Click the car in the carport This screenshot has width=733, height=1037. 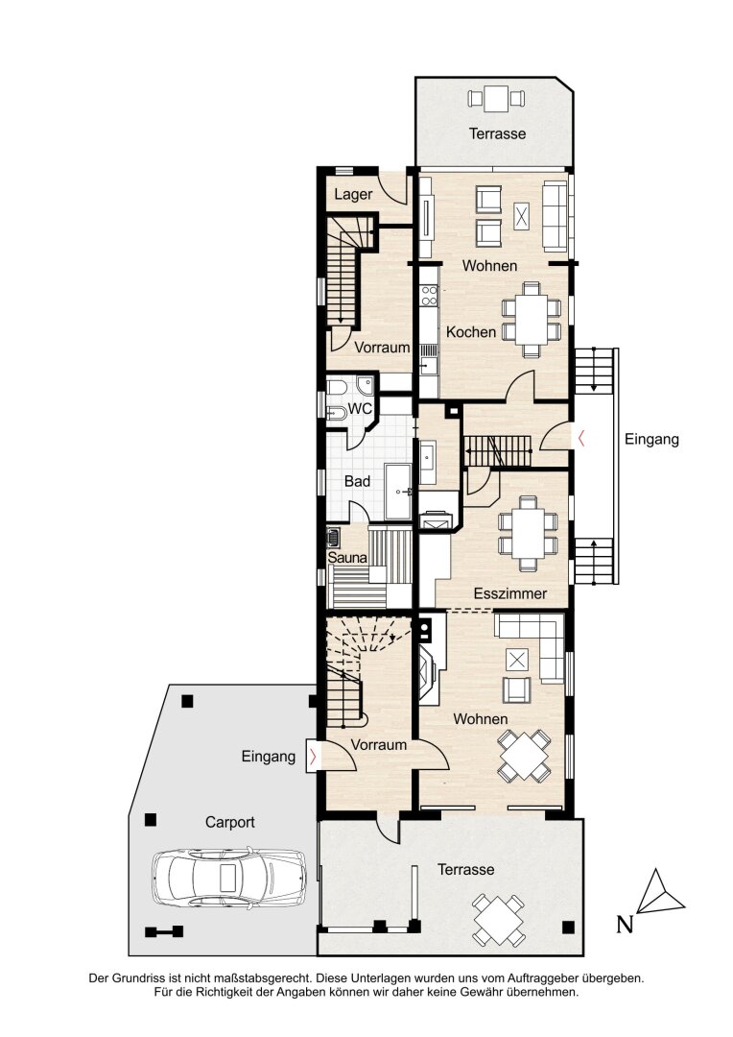(x=229, y=878)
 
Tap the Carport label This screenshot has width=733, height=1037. (x=229, y=822)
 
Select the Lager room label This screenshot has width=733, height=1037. (x=353, y=194)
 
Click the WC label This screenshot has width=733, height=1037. (x=360, y=409)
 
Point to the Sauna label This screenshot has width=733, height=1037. (x=347, y=558)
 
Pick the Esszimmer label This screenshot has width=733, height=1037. (x=510, y=593)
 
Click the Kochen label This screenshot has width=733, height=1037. (x=471, y=332)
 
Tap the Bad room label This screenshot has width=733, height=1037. (x=357, y=481)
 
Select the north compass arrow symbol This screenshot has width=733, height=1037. (x=660, y=894)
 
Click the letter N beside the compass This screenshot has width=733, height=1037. (x=625, y=924)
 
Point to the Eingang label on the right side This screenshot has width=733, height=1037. (x=651, y=439)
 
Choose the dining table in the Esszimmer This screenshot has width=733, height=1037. (x=528, y=533)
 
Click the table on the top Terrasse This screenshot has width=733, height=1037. (x=496, y=99)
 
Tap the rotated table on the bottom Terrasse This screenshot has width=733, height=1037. (x=499, y=919)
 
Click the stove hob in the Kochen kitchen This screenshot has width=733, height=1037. (x=429, y=296)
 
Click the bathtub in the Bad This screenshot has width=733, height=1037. (x=398, y=492)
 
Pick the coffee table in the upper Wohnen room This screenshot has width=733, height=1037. (x=522, y=216)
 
